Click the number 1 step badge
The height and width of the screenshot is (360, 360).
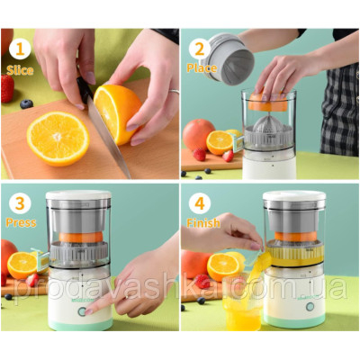(20, 49)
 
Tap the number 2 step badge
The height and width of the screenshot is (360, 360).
(200, 49)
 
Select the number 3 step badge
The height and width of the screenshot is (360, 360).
(20, 203)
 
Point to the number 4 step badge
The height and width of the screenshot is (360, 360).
(200, 203)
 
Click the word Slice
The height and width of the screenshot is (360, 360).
(20, 70)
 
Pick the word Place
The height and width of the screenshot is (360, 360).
(202, 68)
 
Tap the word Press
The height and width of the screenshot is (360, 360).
(21, 223)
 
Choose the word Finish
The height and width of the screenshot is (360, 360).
(203, 223)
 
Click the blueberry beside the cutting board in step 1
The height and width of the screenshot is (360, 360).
(26, 103)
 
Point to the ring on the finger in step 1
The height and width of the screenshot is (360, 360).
(175, 92)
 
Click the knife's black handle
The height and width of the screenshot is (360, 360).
(85, 89)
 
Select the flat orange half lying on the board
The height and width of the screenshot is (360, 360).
(58, 139)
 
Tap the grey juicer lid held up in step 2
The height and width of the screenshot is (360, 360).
(228, 59)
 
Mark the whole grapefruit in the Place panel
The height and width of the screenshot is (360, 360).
(199, 134)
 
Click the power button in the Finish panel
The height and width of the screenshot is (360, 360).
(310, 306)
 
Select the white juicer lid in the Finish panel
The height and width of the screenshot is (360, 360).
(294, 195)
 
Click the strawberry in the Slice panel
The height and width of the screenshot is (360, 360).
(7, 88)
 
